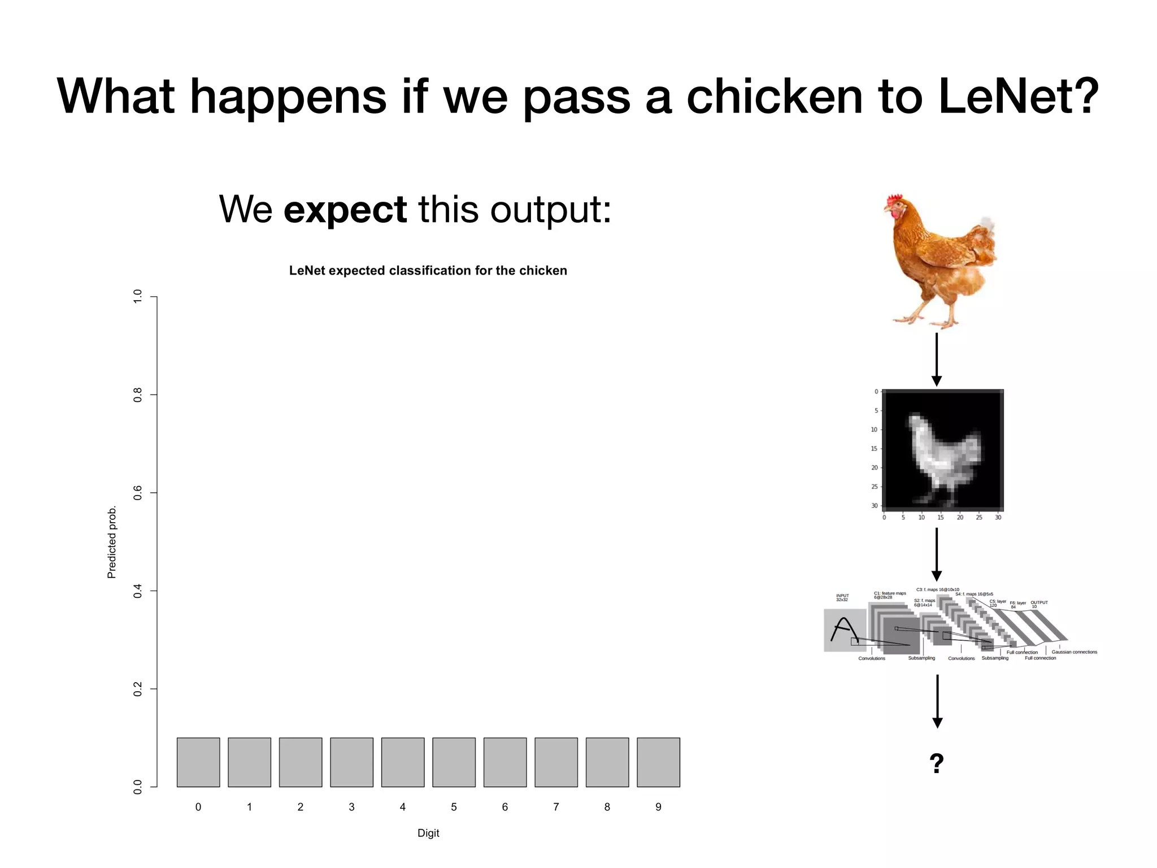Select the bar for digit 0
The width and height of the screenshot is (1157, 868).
[x=198, y=762]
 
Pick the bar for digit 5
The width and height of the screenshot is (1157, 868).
[x=454, y=762]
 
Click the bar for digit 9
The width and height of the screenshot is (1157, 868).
[x=658, y=762]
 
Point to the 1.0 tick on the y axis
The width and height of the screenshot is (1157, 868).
[x=137, y=296]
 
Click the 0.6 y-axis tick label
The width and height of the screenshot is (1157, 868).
[x=137, y=493]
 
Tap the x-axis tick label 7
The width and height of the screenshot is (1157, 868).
[x=556, y=807]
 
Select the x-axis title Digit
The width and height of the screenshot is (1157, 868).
[x=428, y=833]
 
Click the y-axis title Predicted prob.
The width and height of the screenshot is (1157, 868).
[x=112, y=542]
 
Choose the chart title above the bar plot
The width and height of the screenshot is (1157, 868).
[x=428, y=271]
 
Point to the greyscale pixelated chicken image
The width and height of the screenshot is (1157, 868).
[x=942, y=450]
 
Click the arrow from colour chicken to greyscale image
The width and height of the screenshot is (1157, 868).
[x=937, y=359]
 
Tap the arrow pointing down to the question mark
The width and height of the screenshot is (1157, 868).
[x=937, y=701]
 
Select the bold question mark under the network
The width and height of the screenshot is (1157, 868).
[x=937, y=763]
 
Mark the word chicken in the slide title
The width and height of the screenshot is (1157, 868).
[x=775, y=96]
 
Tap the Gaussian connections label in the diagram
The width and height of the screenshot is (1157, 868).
[x=1074, y=652]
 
